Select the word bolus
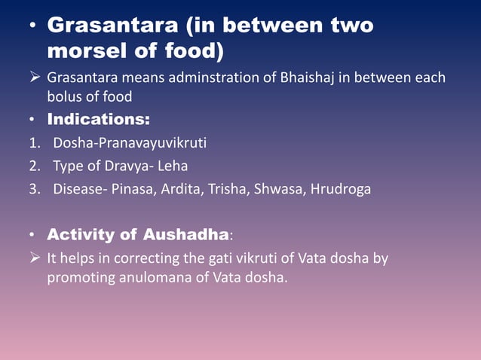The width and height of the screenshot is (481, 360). tap(63, 97)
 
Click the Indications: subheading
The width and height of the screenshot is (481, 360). tap(98, 119)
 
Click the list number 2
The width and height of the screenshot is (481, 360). tap(33, 166)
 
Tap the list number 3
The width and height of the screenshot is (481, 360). tap(33, 189)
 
